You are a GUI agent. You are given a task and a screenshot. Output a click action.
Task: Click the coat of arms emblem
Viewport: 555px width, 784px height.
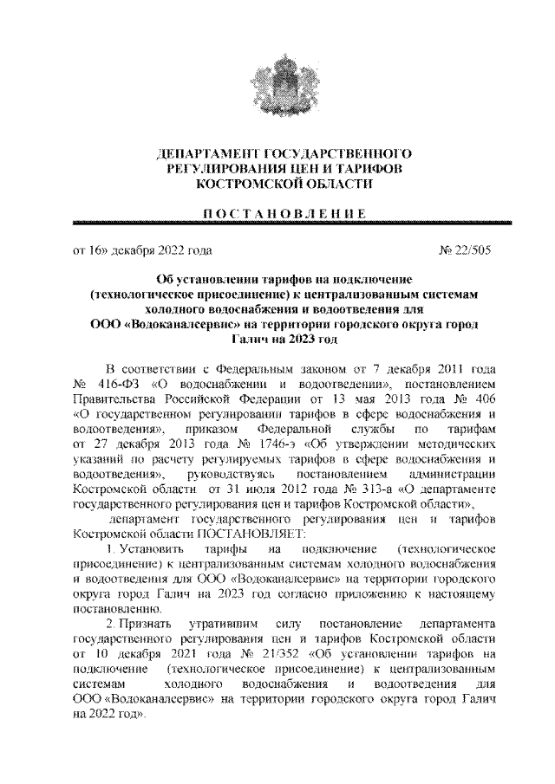(x=277, y=82)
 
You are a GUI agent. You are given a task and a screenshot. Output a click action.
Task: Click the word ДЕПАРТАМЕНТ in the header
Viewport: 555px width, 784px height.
(x=202, y=153)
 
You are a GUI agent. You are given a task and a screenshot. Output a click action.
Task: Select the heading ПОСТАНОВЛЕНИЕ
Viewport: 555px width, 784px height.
(x=277, y=214)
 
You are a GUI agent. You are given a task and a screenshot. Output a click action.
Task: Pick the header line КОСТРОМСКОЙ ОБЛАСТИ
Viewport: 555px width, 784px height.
(x=277, y=185)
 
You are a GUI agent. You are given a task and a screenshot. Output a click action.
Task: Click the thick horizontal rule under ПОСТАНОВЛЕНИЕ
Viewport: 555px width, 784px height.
(x=277, y=224)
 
